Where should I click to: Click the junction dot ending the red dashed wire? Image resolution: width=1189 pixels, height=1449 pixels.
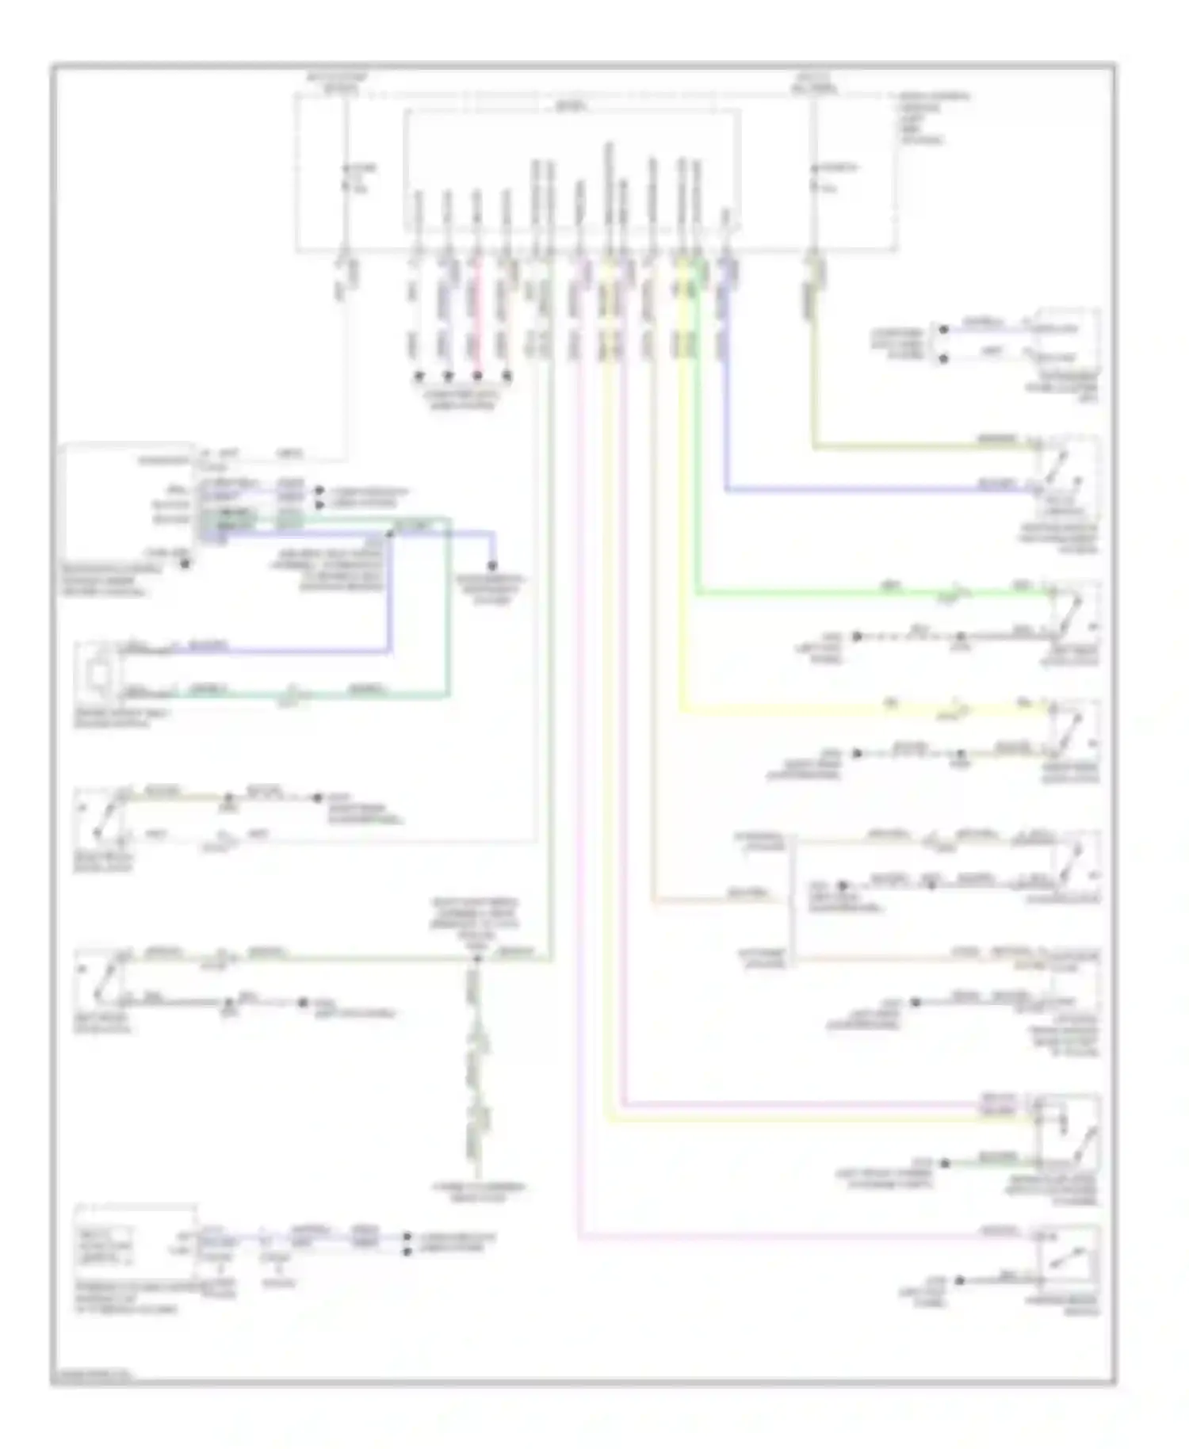[x=477, y=376]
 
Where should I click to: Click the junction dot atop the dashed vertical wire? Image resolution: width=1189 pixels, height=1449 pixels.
[x=476, y=960]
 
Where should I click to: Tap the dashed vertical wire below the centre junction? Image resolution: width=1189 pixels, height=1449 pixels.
[x=476, y=1070]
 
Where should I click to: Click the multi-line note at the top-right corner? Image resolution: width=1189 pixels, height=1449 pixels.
[x=932, y=119]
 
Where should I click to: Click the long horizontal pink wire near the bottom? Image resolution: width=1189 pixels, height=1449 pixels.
[x=793, y=1237]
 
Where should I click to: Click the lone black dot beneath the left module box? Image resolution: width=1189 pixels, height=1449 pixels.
[x=185, y=564]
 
